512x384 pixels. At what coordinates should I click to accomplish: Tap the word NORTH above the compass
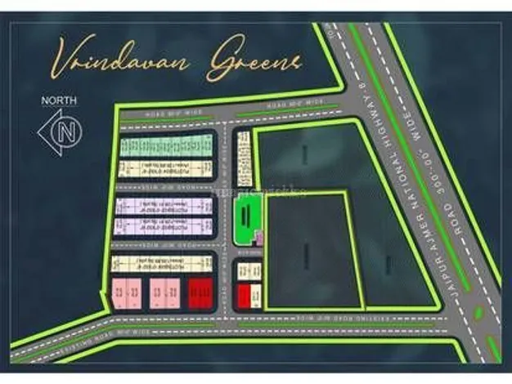pos(59,102)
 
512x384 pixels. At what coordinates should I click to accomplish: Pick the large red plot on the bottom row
pos(200,292)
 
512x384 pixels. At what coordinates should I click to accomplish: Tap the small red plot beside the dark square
pos(244,295)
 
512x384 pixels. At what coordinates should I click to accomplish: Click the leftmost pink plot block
pos(126,292)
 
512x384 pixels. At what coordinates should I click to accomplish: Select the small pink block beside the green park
pos(259,239)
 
